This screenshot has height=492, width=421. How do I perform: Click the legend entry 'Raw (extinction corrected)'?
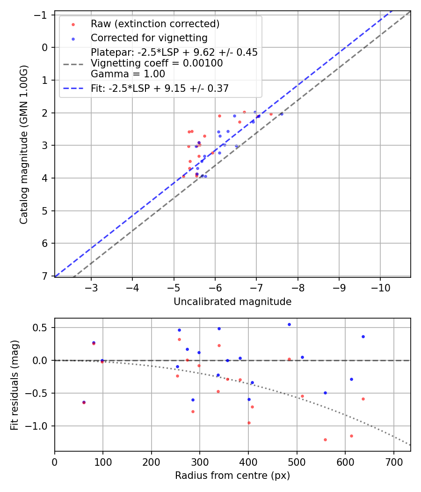pos(155,24)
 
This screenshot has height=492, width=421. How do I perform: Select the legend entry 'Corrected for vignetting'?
pos(149,37)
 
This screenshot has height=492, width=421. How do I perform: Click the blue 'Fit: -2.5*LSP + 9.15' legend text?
pos(160,88)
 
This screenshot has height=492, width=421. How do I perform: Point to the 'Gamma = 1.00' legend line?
pos(128,74)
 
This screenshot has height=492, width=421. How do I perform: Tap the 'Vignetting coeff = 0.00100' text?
pos(157,63)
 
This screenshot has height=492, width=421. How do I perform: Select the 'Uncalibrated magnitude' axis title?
pos(232,302)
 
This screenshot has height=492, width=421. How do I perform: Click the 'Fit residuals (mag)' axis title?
pos(14,385)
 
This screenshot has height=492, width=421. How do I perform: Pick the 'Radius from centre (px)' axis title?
pos(232,476)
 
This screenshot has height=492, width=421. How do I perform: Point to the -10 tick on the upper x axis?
pos(380,286)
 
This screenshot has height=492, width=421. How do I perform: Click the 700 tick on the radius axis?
pos(393,461)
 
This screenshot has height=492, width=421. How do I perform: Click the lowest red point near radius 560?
pos(325,440)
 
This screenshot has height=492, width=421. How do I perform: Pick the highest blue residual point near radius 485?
pos(289,324)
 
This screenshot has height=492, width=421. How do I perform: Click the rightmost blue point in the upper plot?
pos(282,114)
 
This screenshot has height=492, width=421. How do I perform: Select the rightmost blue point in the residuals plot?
pos(363,336)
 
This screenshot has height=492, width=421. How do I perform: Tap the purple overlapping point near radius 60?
pos(84,402)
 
